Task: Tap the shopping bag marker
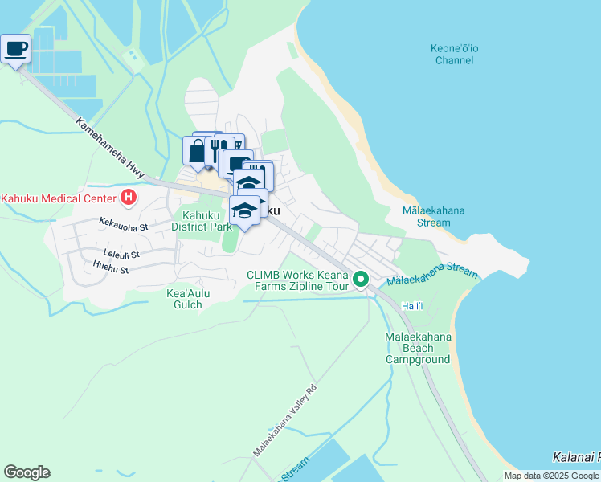coord(197,149)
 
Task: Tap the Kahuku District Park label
coord(201,220)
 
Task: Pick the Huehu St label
coord(111,270)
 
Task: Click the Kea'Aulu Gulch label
coord(188,299)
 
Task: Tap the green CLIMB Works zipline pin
coord(362,280)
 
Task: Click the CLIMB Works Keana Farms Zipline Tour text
coord(297,280)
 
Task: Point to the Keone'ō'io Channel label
coord(455,55)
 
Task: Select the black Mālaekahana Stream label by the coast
coord(433,216)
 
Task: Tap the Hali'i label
coord(412,307)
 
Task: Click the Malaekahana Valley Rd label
coord(285,419)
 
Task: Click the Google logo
coord(27,472)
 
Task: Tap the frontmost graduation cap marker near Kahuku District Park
coord(245,210)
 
